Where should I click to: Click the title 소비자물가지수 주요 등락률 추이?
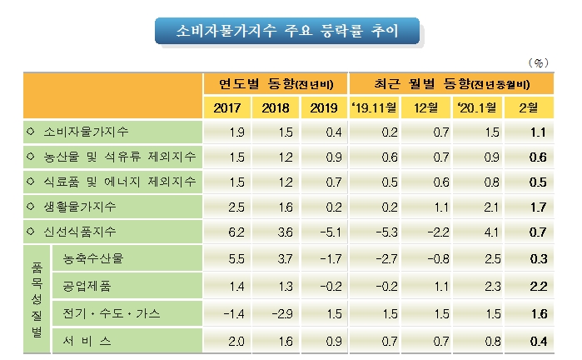(x=288, y=32)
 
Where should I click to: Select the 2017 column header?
(x=227, y=107)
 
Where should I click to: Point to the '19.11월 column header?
(x=375, y=107)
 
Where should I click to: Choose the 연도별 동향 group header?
(x=276, y=84)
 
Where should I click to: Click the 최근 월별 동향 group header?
(x=450, y=84)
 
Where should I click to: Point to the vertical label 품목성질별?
(x=37, y=297)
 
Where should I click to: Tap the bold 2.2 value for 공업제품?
(x=537, y=286)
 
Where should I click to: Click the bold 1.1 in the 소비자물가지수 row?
(x=537, y=132)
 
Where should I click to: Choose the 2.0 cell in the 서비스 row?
(x=236, y=339)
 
